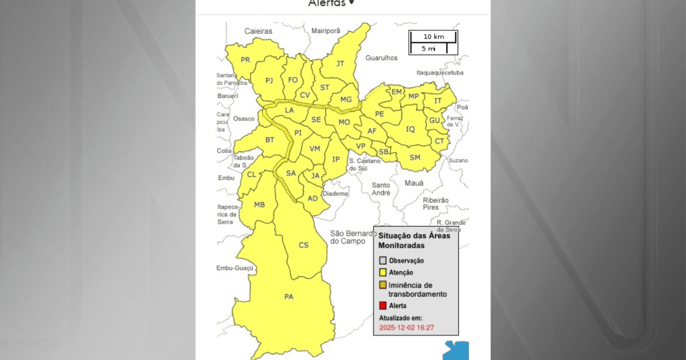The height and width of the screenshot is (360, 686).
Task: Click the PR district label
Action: coord(245,60)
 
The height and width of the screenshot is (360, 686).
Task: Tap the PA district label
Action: coord(289,297)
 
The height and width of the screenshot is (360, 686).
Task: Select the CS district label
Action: coord(304,245)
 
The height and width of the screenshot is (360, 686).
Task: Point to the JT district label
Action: coord(340,63)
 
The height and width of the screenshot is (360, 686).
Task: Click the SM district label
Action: coord(415,157)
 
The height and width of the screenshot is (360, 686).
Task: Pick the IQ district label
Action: coord(410,129)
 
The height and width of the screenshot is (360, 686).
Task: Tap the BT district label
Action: coord(270,139)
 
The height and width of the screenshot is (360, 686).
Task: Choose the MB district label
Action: coord(259,205)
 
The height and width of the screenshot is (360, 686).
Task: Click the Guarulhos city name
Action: coord(381,58)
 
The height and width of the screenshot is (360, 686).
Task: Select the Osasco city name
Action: coord(244,119)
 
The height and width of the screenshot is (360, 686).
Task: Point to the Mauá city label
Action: coord(414,183)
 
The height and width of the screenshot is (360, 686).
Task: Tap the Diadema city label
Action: coord(336,194)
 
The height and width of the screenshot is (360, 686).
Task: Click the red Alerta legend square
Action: coord(383,306)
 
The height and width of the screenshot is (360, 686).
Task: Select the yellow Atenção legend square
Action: coord(383,273)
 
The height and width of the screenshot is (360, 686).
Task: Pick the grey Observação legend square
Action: coord(383,261)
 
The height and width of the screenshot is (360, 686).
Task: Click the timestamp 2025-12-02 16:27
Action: coord(407,328)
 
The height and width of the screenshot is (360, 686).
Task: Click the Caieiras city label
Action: coord(258,31)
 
